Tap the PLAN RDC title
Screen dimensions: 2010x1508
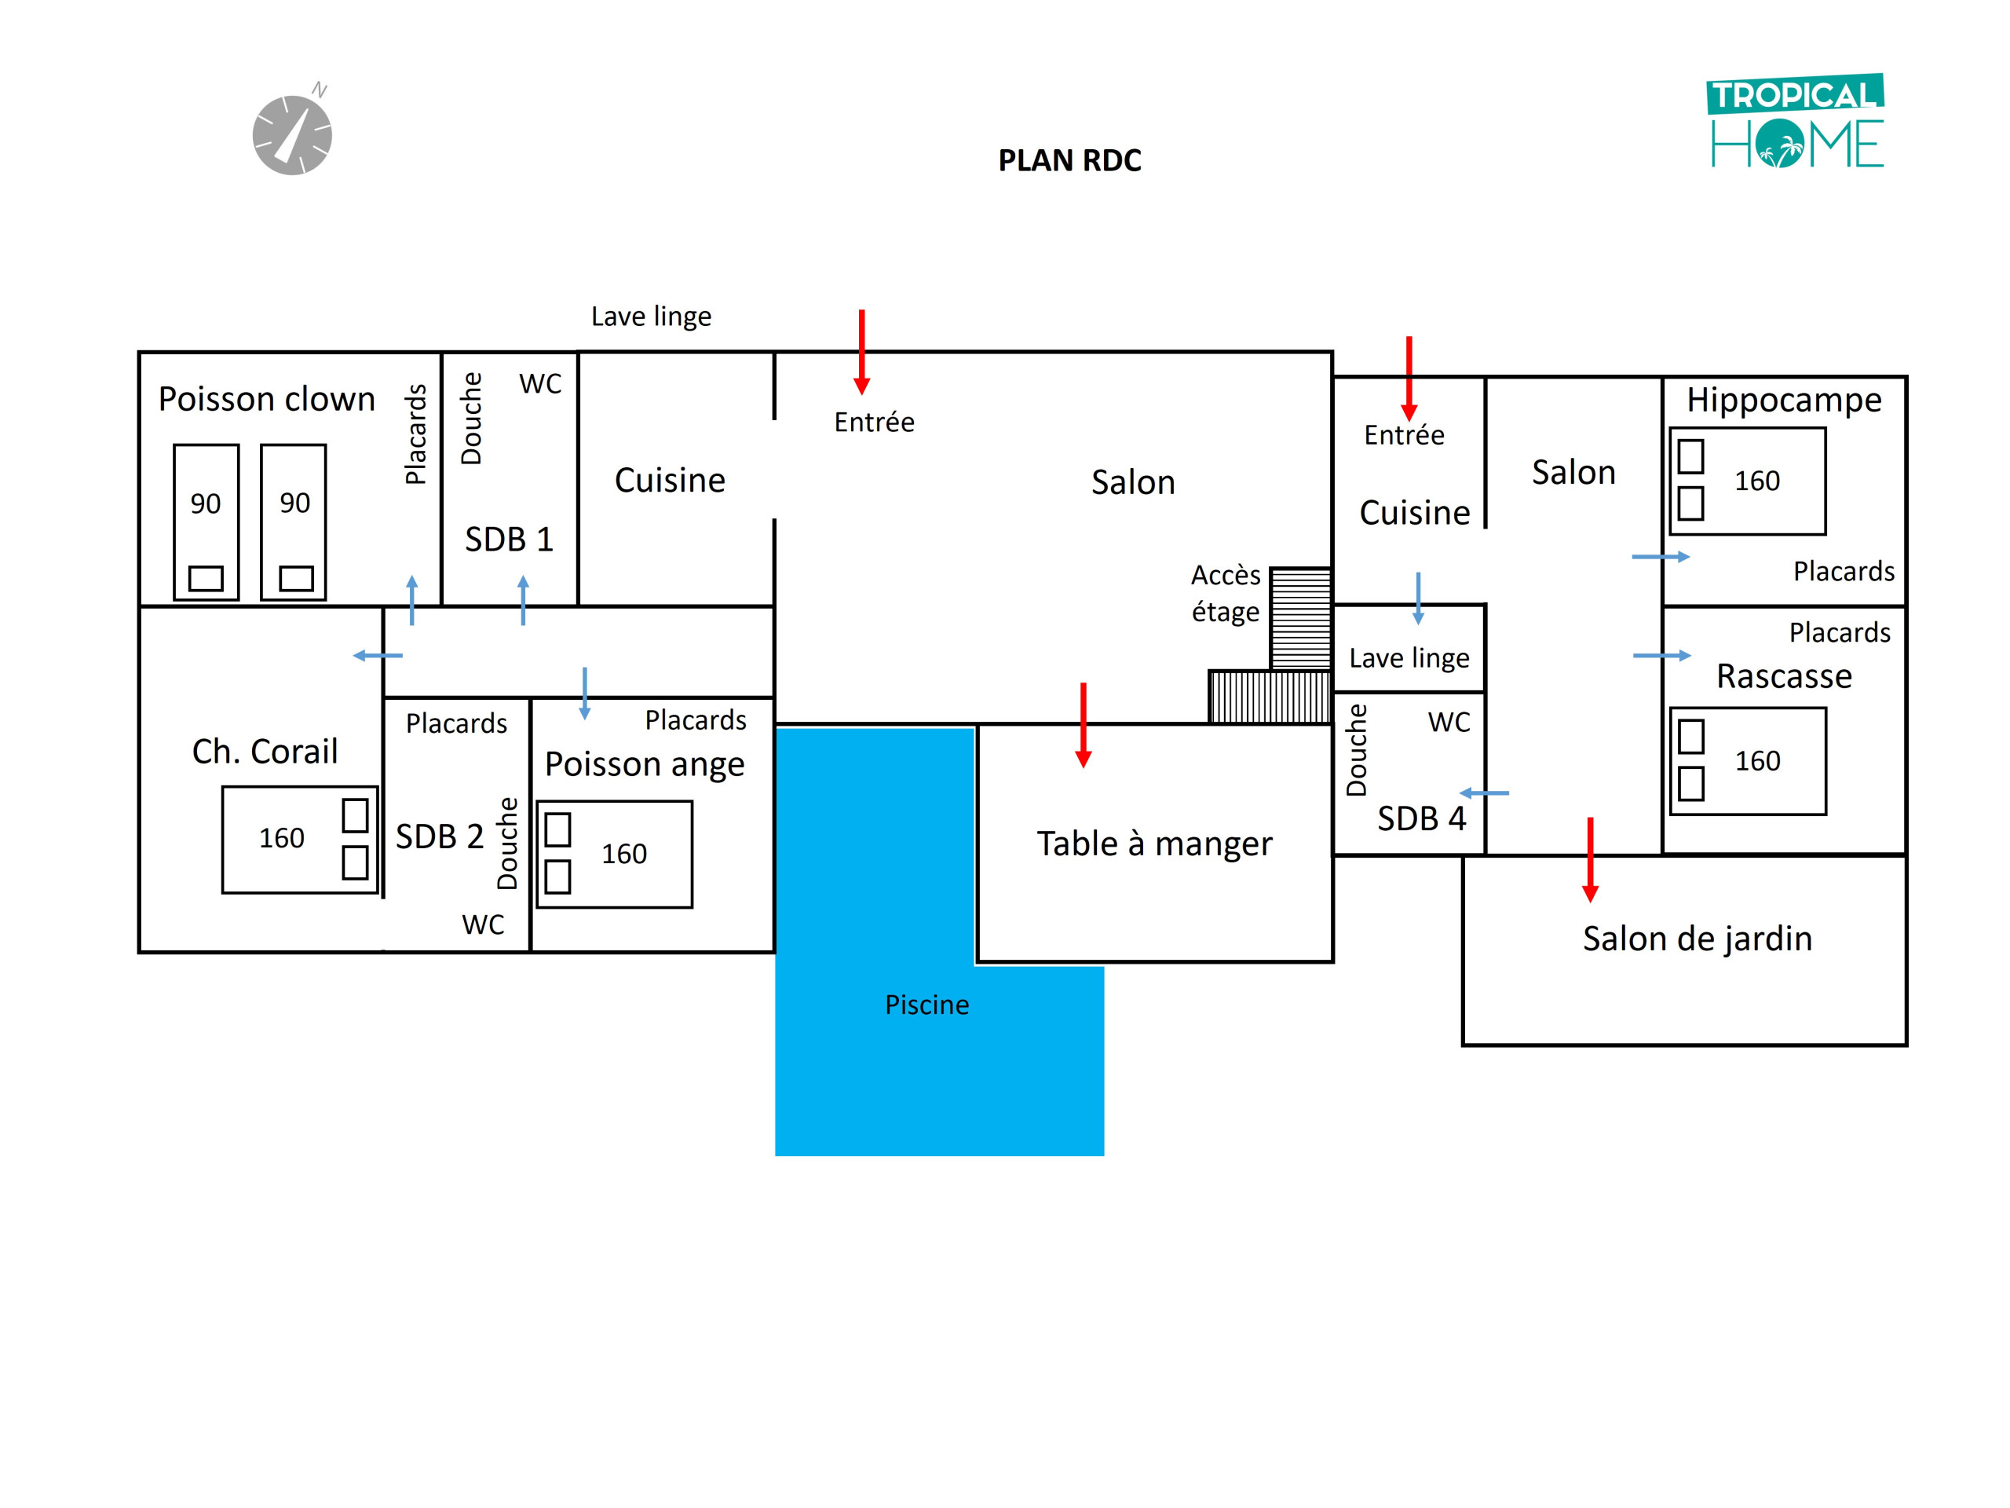pyautogui.click(x=1069, y=161)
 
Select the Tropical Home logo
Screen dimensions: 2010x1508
pyautogui.click(x=1796, y=121)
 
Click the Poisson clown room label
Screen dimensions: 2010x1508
pyautogui.click(x=266, y=400)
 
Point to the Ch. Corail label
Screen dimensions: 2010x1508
pyautogui.click(x=265, y=752)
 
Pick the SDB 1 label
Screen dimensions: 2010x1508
pyautogui.click(x=509, y=540)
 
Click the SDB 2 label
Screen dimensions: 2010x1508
pyautogui.click(x=439, y=836)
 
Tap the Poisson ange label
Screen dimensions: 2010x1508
pyautogui.click(x=645, y=765)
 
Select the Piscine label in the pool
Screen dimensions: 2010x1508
pyautogui.click(x=926, y=1005)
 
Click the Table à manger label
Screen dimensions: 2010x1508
pyautogui.click(x=1154, y=844)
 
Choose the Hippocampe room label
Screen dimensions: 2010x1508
pyautogui.click(x=1784, y=401)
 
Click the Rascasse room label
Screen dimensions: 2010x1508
pyautogui.click(x=1784, y=676)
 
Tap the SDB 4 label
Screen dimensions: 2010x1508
pyautogui.click(x=1421, y=819)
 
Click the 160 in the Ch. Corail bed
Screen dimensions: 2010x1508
pyautogui.click(x=282, y=838)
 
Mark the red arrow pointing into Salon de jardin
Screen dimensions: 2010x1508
pyautogui.click(x=1590, y=859)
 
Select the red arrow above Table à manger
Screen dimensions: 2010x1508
pyautogui.click(x=1084, y=724)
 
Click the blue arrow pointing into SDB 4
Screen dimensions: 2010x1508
pyautogui.click(x=1484, y=793)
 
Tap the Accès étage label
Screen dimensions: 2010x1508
pyautogui.click(x=1226, y=594)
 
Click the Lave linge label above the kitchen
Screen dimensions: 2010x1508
pyautogui.click(x=651, y=317)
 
